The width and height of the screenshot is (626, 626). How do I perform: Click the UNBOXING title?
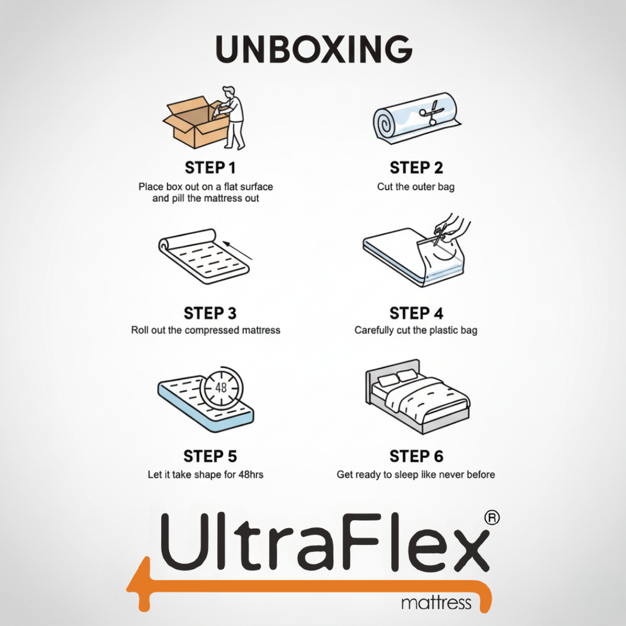pos(314,49)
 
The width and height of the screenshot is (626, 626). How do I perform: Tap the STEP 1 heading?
pos(210,168)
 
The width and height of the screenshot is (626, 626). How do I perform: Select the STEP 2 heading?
pos(416,168)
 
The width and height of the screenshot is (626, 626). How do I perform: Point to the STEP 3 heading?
pos(210,314)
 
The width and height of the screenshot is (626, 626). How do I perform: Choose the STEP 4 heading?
pos(416,314)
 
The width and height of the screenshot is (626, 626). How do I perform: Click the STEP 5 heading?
pos(210,456)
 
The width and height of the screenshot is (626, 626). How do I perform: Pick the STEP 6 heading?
pos(416,456)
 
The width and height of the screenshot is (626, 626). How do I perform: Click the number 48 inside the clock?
pos(221,387)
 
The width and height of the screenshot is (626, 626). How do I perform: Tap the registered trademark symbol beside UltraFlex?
pos(492,518)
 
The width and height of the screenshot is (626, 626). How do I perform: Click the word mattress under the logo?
pos(436,603)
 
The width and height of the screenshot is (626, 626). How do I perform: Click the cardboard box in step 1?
pos(196,123)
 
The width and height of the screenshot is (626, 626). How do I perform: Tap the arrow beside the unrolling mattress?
pos(238,251)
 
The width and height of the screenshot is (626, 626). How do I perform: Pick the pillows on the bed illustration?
pos(397,378)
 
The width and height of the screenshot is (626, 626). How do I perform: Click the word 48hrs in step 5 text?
pos(251,474)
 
